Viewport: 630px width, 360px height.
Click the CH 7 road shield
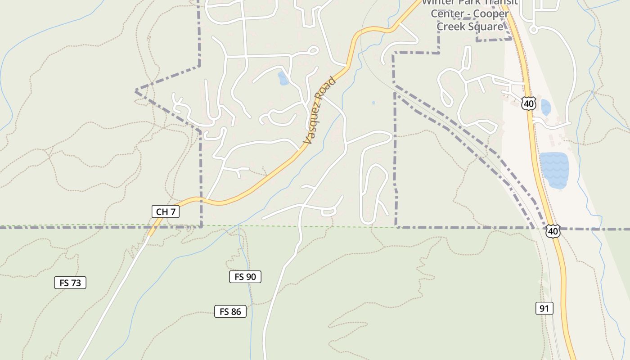166,211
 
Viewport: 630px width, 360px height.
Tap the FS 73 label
70,283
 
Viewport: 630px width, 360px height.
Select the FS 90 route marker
245,277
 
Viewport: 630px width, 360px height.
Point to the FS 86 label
230,311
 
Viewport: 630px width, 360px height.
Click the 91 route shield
544,308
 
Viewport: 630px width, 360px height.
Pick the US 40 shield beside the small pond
529,103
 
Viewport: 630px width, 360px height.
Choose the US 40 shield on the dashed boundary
553,231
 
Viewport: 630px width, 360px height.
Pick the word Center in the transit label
447,13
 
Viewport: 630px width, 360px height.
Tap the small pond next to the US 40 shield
545,107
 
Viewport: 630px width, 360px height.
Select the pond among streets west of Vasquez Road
283,79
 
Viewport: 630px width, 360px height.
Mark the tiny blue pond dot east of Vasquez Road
373,103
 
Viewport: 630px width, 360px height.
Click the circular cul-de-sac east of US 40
534,30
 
